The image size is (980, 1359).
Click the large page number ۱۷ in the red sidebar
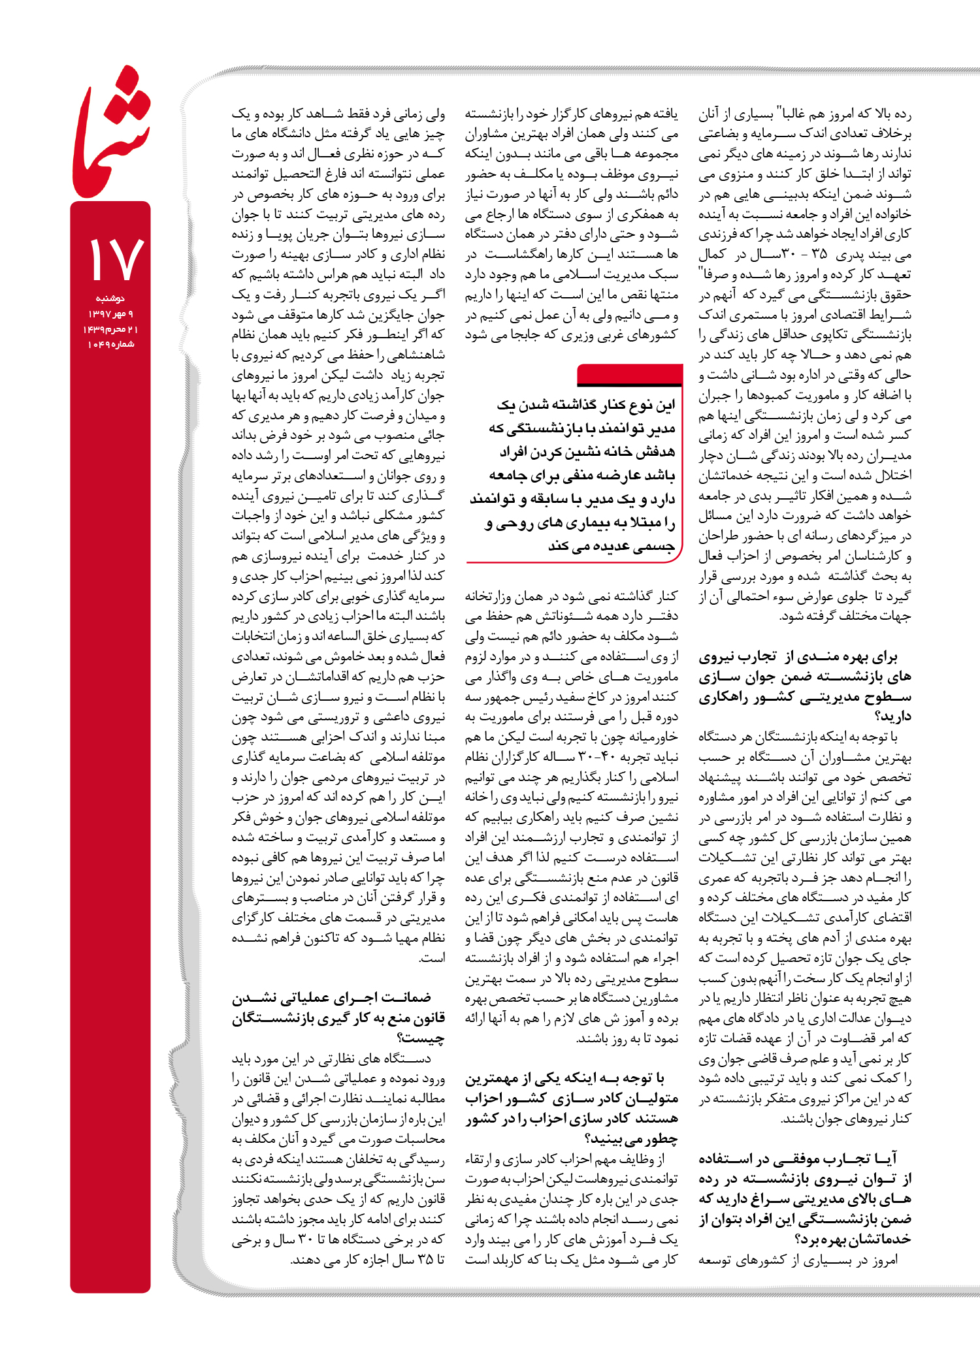[115, 259]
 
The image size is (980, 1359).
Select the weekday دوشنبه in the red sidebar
[110, 298]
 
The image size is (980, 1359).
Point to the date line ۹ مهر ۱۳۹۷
[110, 314]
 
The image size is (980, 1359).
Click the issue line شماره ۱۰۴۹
[110, 344]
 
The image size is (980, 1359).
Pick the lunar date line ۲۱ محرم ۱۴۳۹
[110, 329]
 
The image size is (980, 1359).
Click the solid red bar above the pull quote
[630, 376]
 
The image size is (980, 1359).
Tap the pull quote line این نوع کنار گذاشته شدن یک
[585, 406]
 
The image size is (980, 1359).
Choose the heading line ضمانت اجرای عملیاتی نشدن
[332, 998]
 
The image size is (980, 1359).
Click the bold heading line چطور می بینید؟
[631, 1139]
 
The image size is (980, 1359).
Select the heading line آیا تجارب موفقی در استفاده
[798, 1159]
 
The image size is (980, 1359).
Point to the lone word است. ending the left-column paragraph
[433, 958]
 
